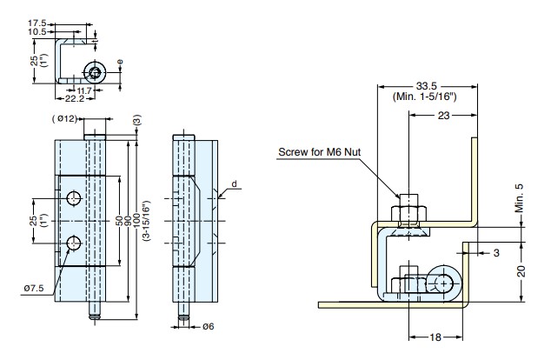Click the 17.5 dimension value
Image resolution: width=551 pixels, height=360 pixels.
coord(37,23)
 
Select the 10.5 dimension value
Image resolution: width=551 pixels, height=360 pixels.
coord(37,31)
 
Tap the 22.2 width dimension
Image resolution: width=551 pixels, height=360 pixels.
coord(75,99)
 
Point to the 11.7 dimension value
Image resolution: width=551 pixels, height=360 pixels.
coord(84,90)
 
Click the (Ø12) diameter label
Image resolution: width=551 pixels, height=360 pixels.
coord(64,119)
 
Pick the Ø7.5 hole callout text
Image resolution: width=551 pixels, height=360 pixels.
coord(34,289)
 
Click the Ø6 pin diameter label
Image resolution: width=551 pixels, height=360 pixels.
coord(208,327)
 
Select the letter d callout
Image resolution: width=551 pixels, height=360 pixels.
coord(234,183)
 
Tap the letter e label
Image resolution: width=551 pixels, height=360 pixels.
coord(120,63)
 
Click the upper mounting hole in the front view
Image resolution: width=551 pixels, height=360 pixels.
coord(74,198)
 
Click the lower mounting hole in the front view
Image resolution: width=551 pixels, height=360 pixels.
coord(74,243)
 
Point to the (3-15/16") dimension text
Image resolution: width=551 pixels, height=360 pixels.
coord(146,220)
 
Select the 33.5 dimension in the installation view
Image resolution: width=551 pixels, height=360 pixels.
coord(426,86)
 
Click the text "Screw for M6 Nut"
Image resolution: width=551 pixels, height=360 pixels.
coord(320,152)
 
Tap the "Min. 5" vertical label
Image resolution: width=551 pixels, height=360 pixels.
coord(519,198)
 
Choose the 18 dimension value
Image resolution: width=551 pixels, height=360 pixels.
coord(435,337)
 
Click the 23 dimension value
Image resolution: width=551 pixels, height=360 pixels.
coord(444,116)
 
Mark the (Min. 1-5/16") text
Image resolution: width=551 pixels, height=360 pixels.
coord(424,97)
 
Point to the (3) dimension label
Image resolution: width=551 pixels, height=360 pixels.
coord(137,119)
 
